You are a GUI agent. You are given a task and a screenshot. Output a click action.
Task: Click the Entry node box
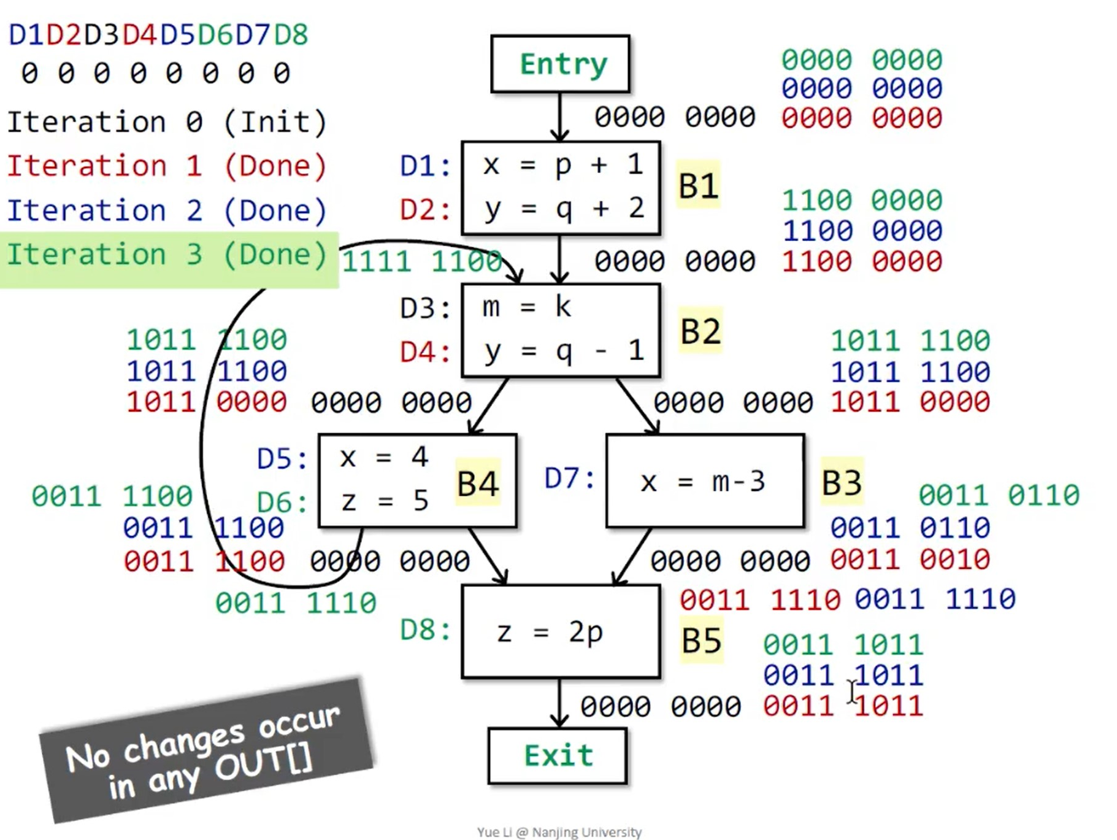click(x=560, y=64)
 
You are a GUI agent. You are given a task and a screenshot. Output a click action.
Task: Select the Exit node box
click(x=558, y=755)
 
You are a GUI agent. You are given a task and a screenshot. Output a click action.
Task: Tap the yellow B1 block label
click(x=698, y=185)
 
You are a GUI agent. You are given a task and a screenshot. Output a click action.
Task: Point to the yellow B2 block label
click(x=701, y=331)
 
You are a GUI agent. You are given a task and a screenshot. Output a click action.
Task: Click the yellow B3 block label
click(x=842, y=482)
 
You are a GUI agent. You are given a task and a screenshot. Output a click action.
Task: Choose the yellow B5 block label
click(x=701, y=641)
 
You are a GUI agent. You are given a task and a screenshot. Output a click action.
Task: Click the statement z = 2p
click(x=550, y=631)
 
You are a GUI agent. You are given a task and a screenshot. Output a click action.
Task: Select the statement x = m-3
click(x=703, y=482)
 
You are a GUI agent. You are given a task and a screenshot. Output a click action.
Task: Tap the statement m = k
click(x=526, y=306)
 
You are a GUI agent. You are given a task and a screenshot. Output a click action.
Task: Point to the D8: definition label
click(x=425, y=630)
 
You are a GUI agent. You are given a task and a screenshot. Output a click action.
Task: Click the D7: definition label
click(x=569, y=479)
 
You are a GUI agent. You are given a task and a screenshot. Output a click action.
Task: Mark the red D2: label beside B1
click(x=425, y=210)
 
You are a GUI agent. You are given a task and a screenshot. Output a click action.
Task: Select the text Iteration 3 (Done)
click(x=166, y=255)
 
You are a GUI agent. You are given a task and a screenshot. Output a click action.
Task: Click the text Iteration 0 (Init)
click(x=166, y=122)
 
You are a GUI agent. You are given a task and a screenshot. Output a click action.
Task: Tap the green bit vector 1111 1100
click(x=421, y=262)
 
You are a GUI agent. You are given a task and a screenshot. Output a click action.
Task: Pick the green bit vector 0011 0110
click(x=998, y=495)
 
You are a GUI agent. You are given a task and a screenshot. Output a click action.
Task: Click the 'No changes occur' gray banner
click(x=205, y=750)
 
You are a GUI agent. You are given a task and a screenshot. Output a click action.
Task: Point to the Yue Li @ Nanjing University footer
click(x=559, y=832)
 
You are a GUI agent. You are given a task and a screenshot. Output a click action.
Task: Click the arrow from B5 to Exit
click(x=559, y=703)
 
